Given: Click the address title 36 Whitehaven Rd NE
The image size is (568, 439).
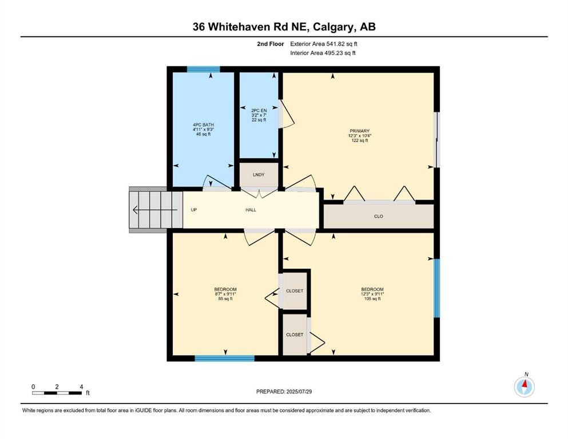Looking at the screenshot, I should [284, 26].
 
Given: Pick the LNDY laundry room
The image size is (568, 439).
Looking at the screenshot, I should [259, 174].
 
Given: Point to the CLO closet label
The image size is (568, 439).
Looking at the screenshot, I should [378, 217].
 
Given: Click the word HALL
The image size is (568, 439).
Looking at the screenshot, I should [251, 210].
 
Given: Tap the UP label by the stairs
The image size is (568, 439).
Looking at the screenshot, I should [194, 210].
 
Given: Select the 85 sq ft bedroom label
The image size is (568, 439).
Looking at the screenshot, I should [225, 294].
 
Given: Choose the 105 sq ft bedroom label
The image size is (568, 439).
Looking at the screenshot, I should [372, 294].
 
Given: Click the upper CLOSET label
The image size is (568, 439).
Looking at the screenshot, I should [294, 291].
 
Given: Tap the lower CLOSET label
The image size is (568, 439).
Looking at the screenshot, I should [294, 334].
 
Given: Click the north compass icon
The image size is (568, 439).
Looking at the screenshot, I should [524, 386].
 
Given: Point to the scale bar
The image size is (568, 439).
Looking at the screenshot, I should [57, 392].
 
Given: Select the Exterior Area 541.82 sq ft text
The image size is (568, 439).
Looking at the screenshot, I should [324, 43].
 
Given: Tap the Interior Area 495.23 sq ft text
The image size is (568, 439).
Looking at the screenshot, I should [324, 53].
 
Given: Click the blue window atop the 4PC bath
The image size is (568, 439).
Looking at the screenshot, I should [204, 69].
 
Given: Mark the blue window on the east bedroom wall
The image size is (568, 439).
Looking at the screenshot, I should [436, 288].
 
